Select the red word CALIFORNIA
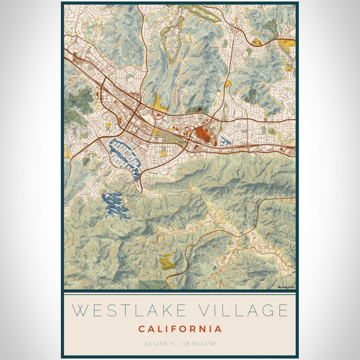click(180, 329)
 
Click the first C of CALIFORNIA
click(142, 329)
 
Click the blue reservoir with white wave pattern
click(115, 204)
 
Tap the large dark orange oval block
click(204, 133)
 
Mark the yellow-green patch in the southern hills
click(167, 261)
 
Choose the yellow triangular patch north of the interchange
click(158, 103)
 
